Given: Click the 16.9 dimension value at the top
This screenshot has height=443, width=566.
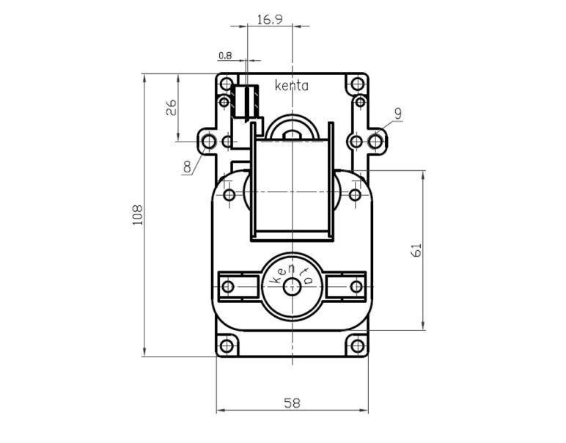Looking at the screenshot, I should (x=269, y=19).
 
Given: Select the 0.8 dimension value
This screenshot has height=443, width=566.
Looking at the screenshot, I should (x=224, y=55).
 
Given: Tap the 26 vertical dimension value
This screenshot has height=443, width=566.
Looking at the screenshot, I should (x=171, y=108).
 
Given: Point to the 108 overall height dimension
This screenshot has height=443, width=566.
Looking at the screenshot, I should (x=137, y=214).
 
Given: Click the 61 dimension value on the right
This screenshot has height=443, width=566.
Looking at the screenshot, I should (x=416, y=250).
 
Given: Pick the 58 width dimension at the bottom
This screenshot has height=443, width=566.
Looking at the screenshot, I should (x=291, y=403).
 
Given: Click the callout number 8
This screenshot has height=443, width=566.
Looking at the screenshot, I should (x=188, y=166).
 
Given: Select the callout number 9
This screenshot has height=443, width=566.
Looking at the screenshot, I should (x=397, y=113).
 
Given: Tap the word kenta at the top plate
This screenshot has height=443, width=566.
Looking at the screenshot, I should (x=291, y=86).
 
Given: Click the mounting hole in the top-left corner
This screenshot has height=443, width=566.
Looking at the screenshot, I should (x=227, y=83).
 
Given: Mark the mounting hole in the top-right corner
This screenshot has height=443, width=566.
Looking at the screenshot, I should (x=359, y=83).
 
